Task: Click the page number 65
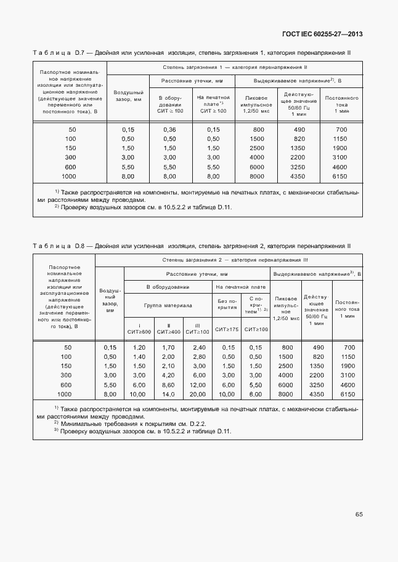pos(359,514)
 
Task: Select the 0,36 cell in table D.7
pos(169,129)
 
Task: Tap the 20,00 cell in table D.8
pos(198,394)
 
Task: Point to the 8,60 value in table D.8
pos(169,384)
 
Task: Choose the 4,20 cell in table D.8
pos(169,375)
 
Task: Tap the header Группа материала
pos(168,305)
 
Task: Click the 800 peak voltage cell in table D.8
pos(286,347)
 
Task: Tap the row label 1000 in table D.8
pos(65,394)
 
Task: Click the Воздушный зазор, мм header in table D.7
pos(128,95)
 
